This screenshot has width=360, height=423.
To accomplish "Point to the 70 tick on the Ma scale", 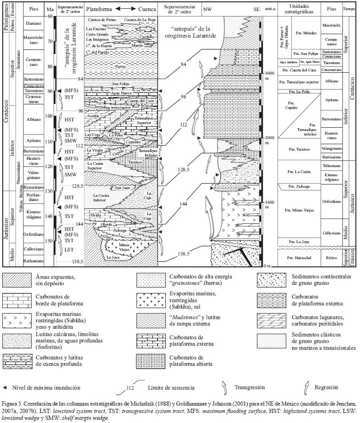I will point(49,41).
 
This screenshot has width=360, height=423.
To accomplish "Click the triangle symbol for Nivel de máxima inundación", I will point(5,388).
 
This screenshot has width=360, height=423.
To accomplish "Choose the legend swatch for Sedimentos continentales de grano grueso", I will point(272,280).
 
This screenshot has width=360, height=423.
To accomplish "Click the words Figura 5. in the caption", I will point(13,405).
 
